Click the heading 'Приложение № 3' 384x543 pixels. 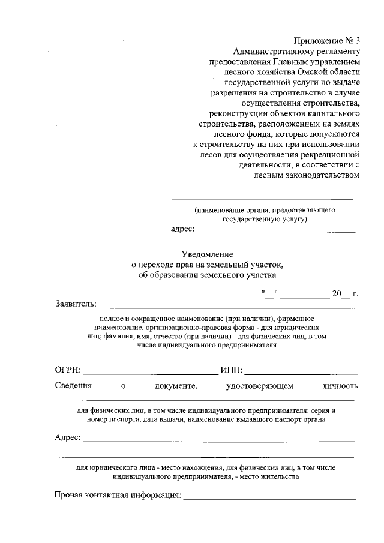326,41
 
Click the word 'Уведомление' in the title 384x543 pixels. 207,254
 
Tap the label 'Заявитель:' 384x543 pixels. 76,304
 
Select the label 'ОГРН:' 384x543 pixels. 68,368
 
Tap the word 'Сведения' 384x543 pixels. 73,385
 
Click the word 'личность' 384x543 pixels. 340,385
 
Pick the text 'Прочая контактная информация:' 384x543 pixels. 118,496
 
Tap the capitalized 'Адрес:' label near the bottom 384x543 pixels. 68,438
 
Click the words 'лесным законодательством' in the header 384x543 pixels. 308,175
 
